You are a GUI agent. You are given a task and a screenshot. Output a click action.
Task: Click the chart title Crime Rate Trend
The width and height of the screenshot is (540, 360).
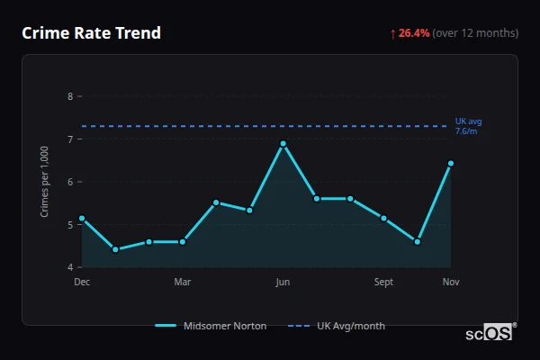tap(91, 33)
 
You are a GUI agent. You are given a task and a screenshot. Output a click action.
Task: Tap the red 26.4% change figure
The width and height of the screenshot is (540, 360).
tap(414, 33)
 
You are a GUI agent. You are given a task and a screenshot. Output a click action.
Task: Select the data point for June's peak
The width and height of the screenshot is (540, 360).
tap(283, 144)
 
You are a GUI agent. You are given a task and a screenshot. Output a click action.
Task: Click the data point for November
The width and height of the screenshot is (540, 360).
tap(451, 164)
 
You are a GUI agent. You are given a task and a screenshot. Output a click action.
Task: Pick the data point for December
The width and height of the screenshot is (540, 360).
tap(82, 218)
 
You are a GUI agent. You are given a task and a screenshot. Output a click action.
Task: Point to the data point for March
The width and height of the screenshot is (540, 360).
tap(183, 241)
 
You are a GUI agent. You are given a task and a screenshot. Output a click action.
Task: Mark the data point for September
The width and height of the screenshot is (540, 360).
tap(383, 218)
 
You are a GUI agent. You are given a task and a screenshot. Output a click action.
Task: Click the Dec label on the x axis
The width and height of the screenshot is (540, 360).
tap(82, 282)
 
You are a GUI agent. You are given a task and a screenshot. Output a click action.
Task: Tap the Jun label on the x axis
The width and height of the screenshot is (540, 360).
tap(283, 282)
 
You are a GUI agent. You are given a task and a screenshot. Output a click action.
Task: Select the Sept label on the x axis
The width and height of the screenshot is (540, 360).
tap(383, 282)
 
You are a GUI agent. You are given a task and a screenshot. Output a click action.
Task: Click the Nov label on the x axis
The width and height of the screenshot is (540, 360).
tap(451, 282)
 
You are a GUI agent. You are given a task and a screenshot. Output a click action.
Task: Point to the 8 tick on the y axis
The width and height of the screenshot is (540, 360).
tap(70, 95)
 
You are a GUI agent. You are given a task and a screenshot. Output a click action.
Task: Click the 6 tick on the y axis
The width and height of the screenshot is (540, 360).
tap(70, 182)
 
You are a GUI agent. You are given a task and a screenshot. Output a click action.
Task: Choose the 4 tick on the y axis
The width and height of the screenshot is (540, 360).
tap(70, 267)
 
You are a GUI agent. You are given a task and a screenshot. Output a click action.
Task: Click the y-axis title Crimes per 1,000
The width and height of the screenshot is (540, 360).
tap(45, 181)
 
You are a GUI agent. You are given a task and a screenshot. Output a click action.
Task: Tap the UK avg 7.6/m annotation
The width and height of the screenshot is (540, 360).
tap(468, 126)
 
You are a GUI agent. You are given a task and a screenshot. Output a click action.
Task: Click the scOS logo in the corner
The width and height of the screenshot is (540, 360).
tap(490, 332)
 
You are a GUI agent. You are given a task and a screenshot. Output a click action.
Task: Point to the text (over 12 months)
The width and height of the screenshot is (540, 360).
tap(475, 33)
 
